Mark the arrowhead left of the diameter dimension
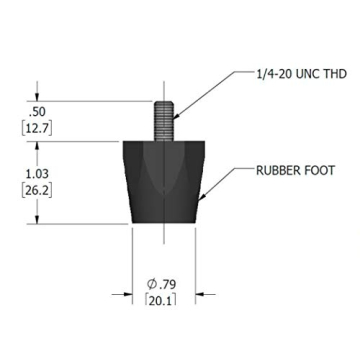[x=128, y=295]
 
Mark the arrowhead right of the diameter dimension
[x=198, y=295]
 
